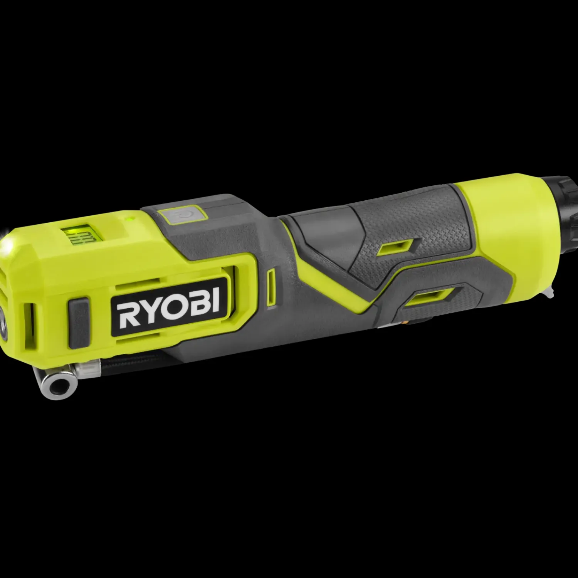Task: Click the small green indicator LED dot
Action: pyautogui.click(x=129, y=219)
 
